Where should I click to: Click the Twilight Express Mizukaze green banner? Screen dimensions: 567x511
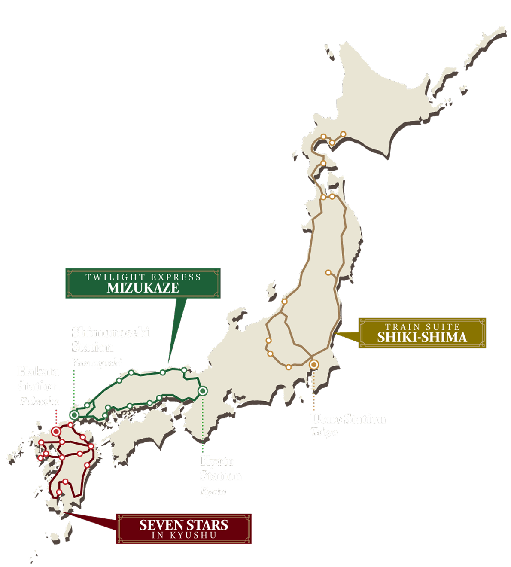pyautogui.click(x=143, y=283)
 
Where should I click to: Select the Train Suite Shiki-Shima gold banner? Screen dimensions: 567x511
pyautogui.click(x=422, y=333)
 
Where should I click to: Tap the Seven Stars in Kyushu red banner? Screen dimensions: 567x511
pyautogui.click(x=183, y=529)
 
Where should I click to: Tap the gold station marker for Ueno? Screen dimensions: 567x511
pyautogui.click(x=314, y=365)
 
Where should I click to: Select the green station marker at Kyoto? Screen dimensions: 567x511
pyautogui.click(x=203, y=391)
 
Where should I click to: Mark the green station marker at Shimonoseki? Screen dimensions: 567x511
pyautogui.click(x=74, y=415)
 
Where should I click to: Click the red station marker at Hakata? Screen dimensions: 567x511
pyautogui.click(x=56, y=431)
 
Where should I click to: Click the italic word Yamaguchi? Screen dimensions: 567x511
pyautogui.click(x=97, y=363)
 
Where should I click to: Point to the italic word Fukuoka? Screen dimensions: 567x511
pyautogui.click(x=40, y=402)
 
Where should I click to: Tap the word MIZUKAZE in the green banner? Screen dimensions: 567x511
pyautogui.click(x=143, y=288)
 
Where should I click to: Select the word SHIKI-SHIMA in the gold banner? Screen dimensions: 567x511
pyautogui.click(x=422, y=338)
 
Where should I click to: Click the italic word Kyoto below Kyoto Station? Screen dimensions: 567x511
pyautogui.click(x=213, y=491)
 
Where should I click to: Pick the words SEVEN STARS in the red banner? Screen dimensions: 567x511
pyautogui.click(x=183, y=525)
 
